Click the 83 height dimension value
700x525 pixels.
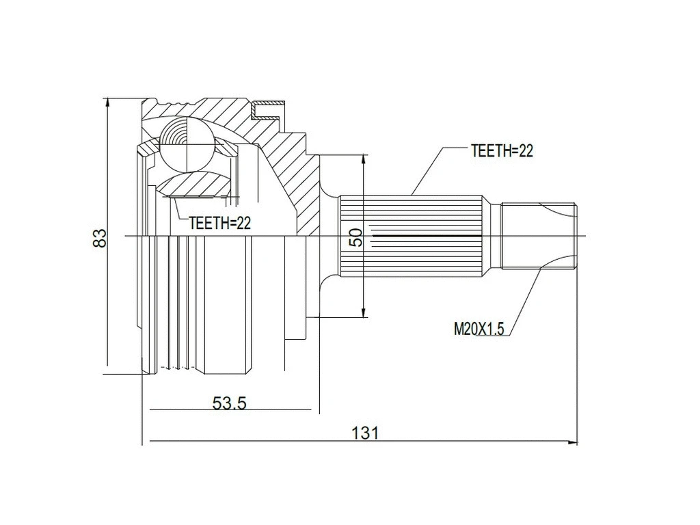(100, 238)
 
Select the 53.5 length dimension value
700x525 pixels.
(229, 403)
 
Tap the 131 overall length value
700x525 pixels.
(364, 432)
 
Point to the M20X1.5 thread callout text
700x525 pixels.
(479, 329)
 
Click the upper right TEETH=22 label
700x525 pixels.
(502, 152)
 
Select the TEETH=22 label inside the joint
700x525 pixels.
(220, 223)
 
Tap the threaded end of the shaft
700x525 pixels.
(540, 236)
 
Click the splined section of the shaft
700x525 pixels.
(414, 236)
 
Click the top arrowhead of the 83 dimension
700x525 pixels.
(107, 103)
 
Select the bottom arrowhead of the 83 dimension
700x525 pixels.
(107, 369)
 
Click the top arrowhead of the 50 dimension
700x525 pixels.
(364, 159)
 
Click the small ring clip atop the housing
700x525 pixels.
(267, 106)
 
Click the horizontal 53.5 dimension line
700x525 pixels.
(273, 412)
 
